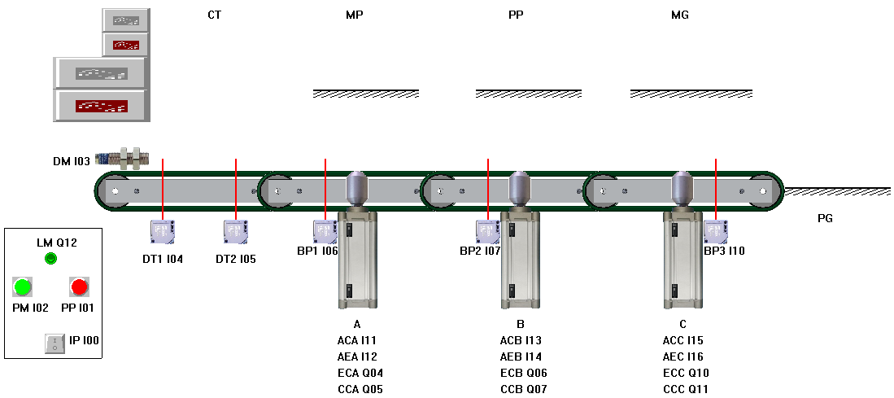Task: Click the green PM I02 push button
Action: [x=22, y=286]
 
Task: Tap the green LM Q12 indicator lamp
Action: [x=50, y=259]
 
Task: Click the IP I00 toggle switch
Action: [x=55, y=343]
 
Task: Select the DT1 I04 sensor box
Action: [x=163, y=232]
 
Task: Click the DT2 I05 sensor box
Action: [x=236, y=232]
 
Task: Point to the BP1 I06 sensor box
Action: [x=325, y=232]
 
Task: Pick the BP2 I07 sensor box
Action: [x=488, y=232]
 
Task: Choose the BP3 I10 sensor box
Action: [x=716, y=232]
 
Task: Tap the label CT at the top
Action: [x=215, y=15]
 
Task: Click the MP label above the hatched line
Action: [x=355, y=15]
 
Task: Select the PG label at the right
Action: [x=825, y=218]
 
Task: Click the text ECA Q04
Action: [x=360, y=373]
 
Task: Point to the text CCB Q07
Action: [x=523, y=389]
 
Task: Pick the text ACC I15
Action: [x=683, y=340]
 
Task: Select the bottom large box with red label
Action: [x=100, y=106]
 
